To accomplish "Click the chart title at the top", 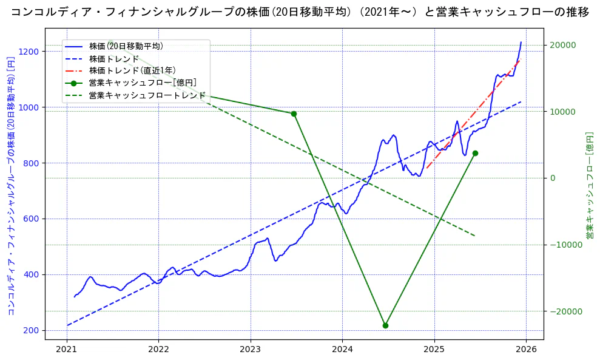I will click(x=300, y=12).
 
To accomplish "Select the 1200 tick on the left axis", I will click(x=31, y=52).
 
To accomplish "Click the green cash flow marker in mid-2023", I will click(x=294, y=114).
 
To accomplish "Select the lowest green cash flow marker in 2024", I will click(x=385, y=325).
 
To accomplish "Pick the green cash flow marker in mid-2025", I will click(x=475, y=153).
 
